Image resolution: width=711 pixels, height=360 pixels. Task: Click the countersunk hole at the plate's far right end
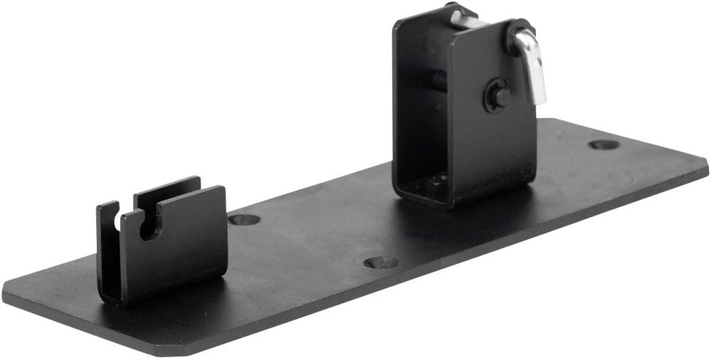click(604, 144)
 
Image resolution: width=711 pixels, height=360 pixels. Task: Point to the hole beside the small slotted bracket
click(244, 219)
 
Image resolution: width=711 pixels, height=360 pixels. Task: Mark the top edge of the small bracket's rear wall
click(167, 184)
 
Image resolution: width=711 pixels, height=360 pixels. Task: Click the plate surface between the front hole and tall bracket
click(413, 228)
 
